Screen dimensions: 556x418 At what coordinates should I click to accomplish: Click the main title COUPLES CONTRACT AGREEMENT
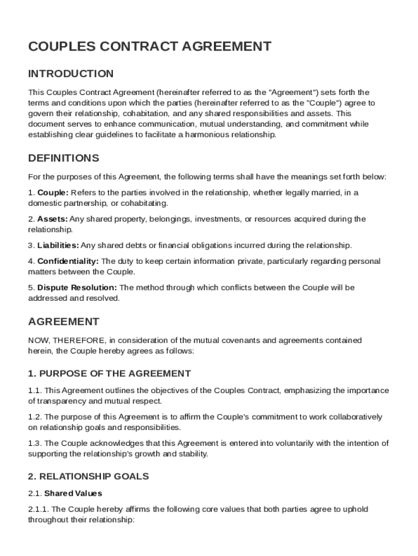tap(150, 46)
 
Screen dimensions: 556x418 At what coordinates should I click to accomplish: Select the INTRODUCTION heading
tap(71, 73)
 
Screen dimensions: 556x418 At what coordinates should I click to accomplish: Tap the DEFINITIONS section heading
tap(64, 158)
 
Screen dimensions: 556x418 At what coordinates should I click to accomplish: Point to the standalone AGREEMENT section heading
tap(64, 321)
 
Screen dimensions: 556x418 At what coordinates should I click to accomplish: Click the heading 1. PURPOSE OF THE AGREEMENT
tap(109, 374)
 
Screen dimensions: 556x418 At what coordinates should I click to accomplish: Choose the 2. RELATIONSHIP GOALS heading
tap(88, 476)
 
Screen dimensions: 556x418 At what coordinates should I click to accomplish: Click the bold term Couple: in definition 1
tap(53, 193)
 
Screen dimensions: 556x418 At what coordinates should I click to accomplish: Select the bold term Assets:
tap(53, 219)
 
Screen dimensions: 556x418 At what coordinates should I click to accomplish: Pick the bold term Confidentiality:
tap(68, 262)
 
